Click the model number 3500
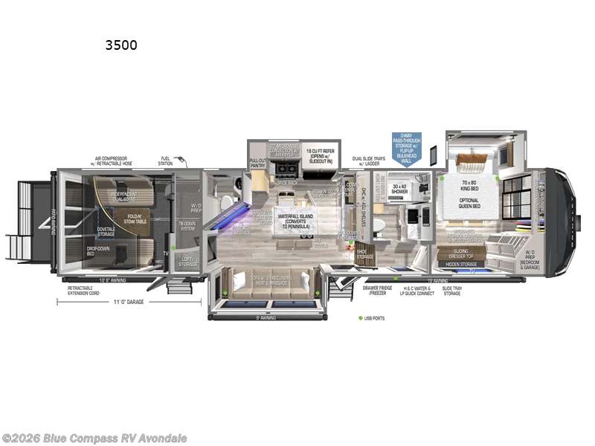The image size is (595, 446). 121,45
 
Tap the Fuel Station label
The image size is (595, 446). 167,159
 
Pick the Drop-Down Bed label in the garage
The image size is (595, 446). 97,251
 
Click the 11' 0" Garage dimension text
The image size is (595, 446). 128,302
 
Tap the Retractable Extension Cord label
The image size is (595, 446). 86,289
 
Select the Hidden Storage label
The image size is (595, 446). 462,264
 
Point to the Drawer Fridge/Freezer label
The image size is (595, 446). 379,291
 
